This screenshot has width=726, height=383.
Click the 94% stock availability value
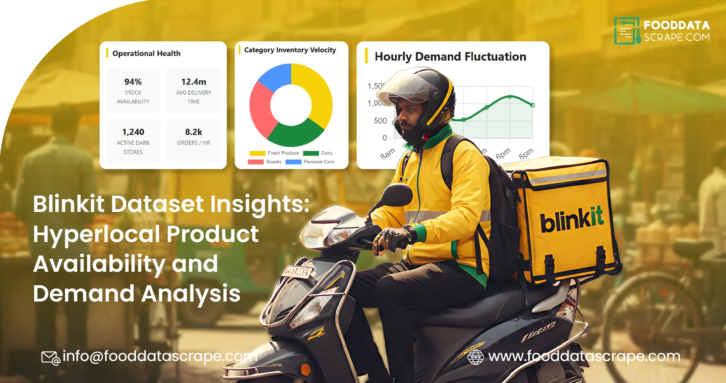coord(133,82)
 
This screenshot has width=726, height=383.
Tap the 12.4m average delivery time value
coord(194,82)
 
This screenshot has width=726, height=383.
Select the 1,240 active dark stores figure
coord(133,132)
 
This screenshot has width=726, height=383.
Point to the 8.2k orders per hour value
coord(194,132)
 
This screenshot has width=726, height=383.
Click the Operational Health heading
coord(146,53)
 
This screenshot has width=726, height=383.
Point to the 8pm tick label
coord(526,154)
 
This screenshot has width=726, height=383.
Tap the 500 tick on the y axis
coord(380,121)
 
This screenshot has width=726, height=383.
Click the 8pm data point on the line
coord(532,105)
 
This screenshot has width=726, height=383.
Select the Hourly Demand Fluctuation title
coord(450,57)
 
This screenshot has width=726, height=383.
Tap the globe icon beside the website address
coord(476,357)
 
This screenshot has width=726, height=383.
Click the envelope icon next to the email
coord(50,358)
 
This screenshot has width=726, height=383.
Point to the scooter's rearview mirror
coord(396,195)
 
